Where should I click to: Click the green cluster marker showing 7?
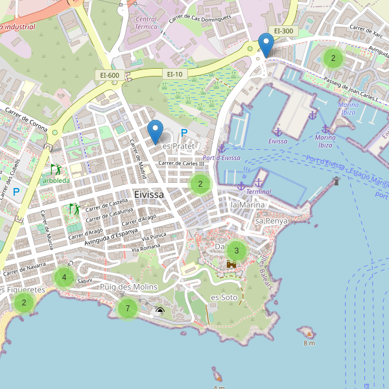(x=128, y=308)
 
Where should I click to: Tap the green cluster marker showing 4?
(x=64, y=278)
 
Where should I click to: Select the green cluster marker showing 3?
(x=236, y=250)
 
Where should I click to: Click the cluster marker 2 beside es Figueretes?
(x=24, y=302)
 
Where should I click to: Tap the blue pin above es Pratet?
(x=155, y=132)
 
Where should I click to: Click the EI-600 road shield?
(x=109, y=75)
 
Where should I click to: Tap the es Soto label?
(x=224, y=297)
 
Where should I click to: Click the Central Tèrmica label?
(x=146, y=24)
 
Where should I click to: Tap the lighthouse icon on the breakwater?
(x=336, y=181)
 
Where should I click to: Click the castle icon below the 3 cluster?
(x=231, y=265)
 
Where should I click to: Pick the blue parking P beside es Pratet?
(x=184, y=134)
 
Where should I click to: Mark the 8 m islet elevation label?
(x=309, y=343)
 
